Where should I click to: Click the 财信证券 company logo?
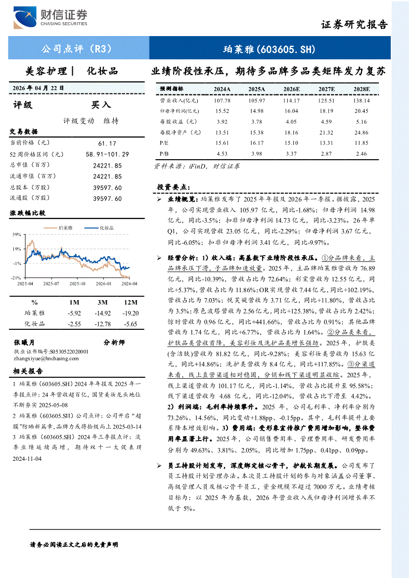click(50, 19)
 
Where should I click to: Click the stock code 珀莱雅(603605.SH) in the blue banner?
click(269, 49)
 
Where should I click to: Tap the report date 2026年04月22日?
click(39, 88)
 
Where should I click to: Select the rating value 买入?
click(101, 105)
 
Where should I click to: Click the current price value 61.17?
click(107, 143)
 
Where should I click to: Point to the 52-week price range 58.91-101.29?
click(107, 154)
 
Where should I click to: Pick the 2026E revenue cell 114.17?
click(291, 100)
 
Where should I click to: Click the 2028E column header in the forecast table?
click(362, 89)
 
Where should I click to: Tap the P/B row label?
click(164, 154)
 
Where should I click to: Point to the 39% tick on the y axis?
click(17, 235)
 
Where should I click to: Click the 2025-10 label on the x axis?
click(77, 284)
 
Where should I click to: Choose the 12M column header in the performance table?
click(131, 302)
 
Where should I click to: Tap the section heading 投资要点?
click(173, 187)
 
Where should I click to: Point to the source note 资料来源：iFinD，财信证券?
click(197, 167)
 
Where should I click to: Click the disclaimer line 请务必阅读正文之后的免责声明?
click(74, 544)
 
